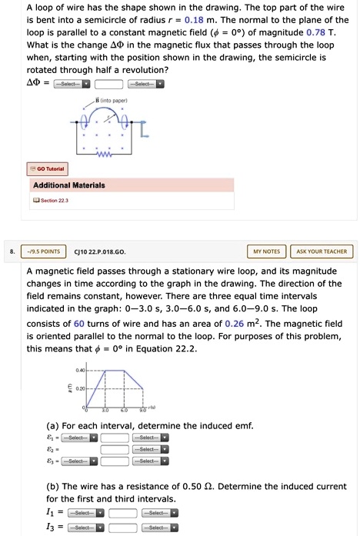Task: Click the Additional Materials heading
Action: coord(69,185)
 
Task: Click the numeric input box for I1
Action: coord(122,512)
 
